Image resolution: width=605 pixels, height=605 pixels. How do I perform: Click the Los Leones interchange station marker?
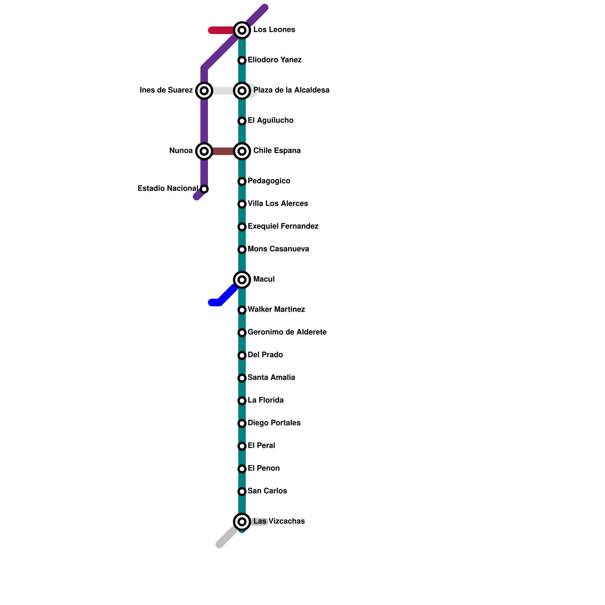click(242, 30)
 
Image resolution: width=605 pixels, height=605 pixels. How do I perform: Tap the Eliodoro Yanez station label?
click(275, 60)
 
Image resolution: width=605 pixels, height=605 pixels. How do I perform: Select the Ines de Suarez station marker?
click(204, 91)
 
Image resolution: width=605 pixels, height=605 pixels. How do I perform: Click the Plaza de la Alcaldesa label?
click(291, 90)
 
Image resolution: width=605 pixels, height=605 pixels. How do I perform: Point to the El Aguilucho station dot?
click(242, 121)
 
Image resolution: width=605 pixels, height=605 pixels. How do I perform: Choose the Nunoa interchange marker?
click(204, 151)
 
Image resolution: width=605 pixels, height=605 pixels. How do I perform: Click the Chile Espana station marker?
click(242, 151)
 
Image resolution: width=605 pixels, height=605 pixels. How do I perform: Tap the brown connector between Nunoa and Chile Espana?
click(223, 151)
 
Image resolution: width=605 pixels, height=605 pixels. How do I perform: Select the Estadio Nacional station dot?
click(204, 189)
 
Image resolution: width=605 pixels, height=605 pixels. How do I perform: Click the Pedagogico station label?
click(269, 181)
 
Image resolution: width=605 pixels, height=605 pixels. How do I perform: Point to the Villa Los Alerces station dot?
click(242, 204)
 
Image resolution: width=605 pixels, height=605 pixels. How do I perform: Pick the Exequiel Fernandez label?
click(283, 226)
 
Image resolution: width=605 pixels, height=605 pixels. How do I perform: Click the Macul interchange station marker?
click(242, 280)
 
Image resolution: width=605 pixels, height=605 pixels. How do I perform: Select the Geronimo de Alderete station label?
click(287, 332)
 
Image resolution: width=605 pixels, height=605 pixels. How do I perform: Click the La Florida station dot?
click(242, 401)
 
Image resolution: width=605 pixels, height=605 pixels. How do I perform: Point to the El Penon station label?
click(264, 468)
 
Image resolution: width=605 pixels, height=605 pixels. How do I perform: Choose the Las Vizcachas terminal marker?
click(242, 522)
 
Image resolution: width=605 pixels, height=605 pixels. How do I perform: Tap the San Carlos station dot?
click(242, 492)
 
